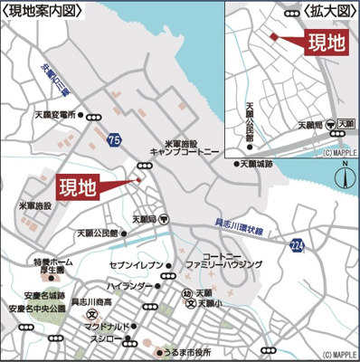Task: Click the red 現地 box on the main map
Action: point(78,187)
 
